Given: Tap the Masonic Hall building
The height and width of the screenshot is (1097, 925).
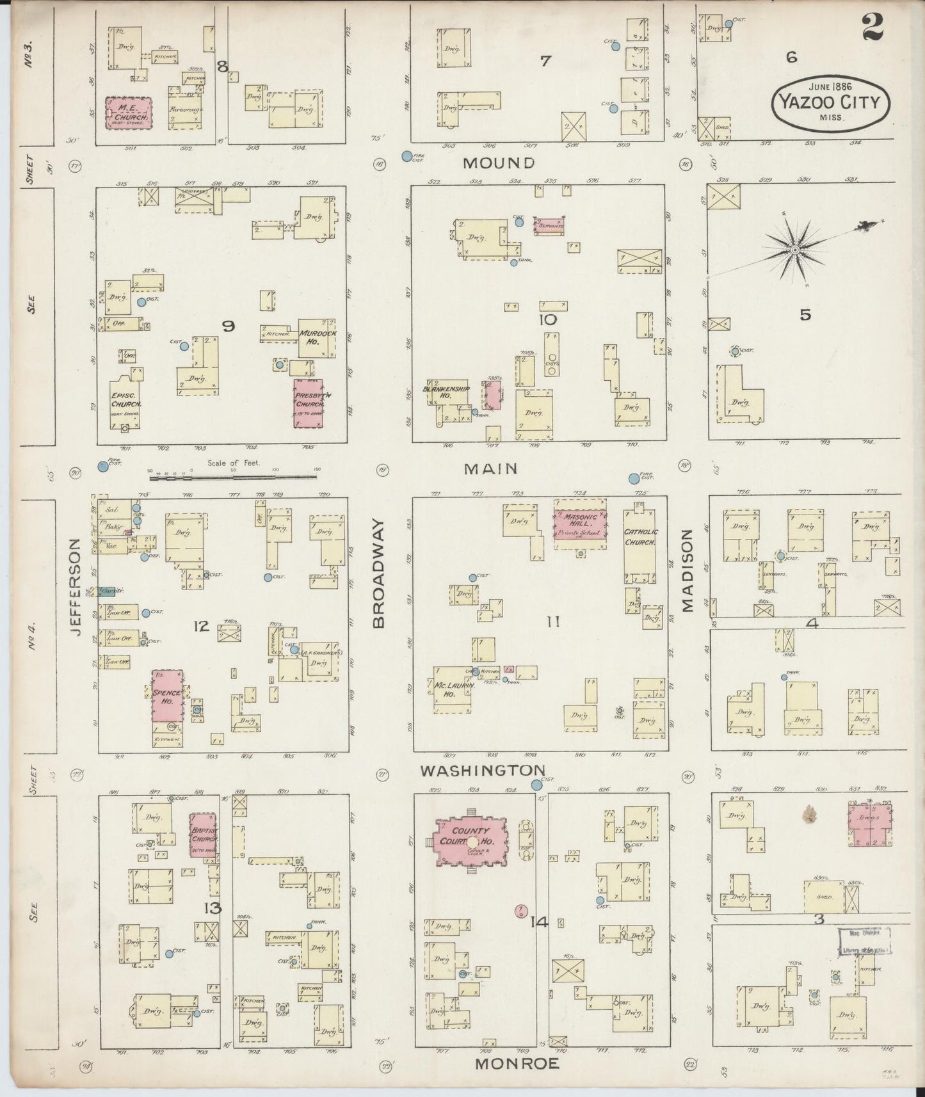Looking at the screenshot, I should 580,523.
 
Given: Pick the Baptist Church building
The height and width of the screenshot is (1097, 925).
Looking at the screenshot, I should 203,836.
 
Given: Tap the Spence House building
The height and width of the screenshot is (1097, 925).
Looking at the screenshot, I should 167,696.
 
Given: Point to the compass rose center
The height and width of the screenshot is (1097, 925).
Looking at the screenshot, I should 794,249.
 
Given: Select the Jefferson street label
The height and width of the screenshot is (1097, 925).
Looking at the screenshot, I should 76,586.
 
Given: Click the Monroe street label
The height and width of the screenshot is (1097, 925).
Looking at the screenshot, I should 517,1063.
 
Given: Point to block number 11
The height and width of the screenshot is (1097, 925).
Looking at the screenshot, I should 554,621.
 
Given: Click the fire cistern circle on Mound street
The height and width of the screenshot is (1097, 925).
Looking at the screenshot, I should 406,156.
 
